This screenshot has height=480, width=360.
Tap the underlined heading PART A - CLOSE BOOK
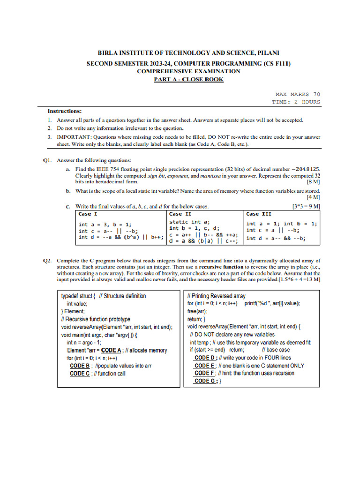[188, 79]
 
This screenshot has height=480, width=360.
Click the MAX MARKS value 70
[316, 94]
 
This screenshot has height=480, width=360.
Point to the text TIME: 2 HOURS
[296, 102]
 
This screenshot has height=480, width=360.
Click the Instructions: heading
[65, 111]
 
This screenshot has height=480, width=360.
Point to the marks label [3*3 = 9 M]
[306, 206]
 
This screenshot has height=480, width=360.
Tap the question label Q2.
[47, 260]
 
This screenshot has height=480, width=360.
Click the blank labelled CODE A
[112, 350]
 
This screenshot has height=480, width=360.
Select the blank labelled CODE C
[80, 374]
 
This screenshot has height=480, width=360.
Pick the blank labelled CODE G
[205, 381]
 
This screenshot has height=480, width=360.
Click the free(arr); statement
[197, 311]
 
